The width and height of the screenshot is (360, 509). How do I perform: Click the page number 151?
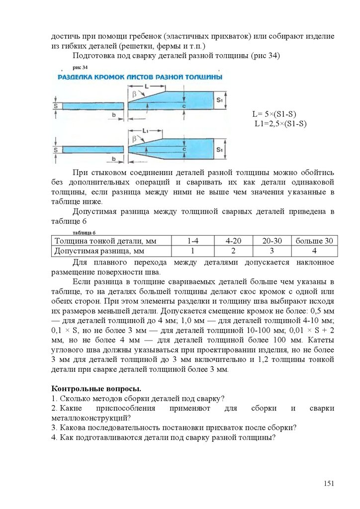pos(329,484)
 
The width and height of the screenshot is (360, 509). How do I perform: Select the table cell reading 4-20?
pos(233,241)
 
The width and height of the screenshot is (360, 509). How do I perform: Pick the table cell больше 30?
pos(314,241)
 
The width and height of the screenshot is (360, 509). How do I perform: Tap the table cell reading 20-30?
pos(271,241)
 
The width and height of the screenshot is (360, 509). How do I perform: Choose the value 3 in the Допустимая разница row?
pos(271,251)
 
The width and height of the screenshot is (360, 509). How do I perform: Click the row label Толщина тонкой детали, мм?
pos(105,241)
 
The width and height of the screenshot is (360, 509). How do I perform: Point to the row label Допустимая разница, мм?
pos(99,251)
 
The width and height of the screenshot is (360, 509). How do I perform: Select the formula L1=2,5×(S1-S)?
pos(281,123)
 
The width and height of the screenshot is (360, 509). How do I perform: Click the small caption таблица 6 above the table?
pos(84,232)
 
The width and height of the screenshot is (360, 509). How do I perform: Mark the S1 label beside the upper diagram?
pos(220,101)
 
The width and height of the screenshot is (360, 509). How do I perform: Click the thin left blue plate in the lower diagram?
pos(92,149)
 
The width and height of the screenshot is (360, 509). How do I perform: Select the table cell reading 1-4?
pos(192,241)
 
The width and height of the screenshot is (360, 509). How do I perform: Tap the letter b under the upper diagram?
pos(113,115)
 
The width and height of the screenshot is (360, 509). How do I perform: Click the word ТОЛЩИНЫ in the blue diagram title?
pos(203,78)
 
